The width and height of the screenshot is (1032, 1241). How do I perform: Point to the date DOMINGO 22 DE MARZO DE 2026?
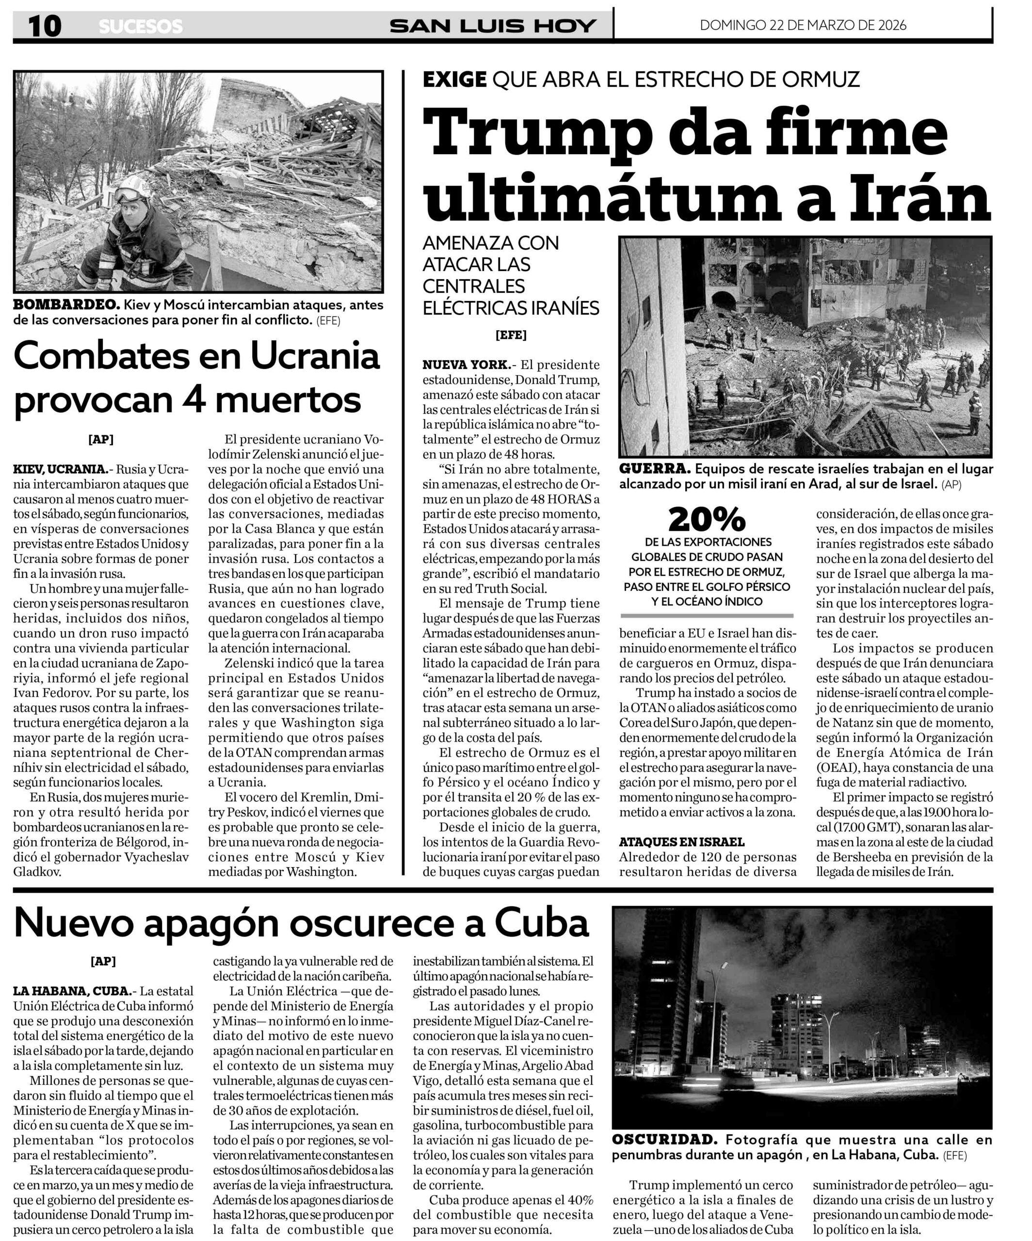click(803, 25)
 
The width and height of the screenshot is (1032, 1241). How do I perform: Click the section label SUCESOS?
click(141, 27)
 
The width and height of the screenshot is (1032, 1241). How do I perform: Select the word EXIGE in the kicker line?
click(454, 79)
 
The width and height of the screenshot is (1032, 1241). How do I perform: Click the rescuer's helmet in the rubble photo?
click(131, 189)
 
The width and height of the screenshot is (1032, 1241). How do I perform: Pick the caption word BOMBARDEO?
click(66, 305)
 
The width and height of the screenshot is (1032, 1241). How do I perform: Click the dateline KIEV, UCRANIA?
click(60, 470)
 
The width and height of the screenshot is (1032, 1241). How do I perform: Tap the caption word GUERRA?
click(654, 469)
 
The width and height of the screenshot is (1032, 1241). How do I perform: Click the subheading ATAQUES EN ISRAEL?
click(681, 842)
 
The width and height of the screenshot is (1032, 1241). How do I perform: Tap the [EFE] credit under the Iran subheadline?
click(511, 335)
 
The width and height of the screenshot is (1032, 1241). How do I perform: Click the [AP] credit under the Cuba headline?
click(103, 961)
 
